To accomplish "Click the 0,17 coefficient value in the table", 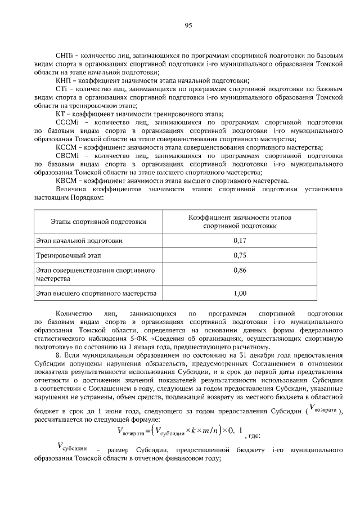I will pos(240,241).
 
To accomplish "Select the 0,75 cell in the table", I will pos(240,255).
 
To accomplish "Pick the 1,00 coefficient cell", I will pos(240,293).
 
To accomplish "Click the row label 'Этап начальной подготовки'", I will pos(79,241).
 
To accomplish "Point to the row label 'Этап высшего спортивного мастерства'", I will pos(96,293).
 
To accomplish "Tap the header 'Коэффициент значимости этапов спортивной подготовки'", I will pos(240,221).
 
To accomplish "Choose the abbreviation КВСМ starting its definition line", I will pos(66,181).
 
